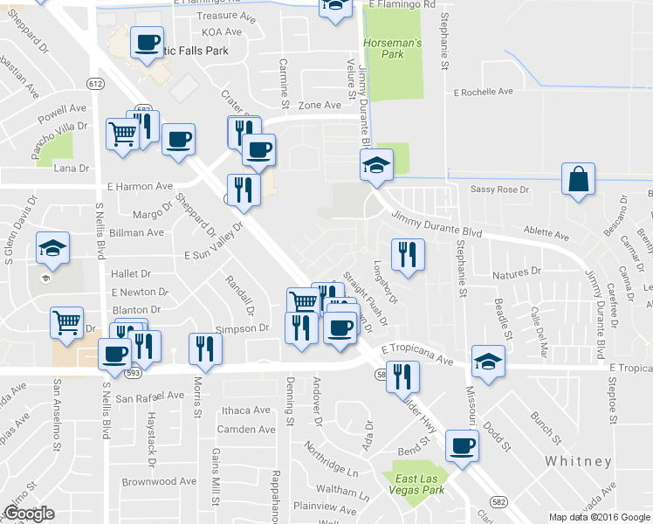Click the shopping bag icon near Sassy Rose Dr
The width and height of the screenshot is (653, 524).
(x=578, y=180)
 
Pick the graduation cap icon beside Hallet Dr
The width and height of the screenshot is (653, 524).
(x=53, y=249)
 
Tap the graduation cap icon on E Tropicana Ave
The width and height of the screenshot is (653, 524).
(x=488, y=362)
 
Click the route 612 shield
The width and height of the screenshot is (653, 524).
(x=95, y=83)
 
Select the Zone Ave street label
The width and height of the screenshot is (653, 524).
(x=319, y=105)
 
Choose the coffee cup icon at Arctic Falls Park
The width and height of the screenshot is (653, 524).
(x=147, y=43)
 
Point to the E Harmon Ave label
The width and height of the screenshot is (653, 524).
(x=140, y=186)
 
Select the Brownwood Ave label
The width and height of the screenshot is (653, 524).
(x=159, y=481)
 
